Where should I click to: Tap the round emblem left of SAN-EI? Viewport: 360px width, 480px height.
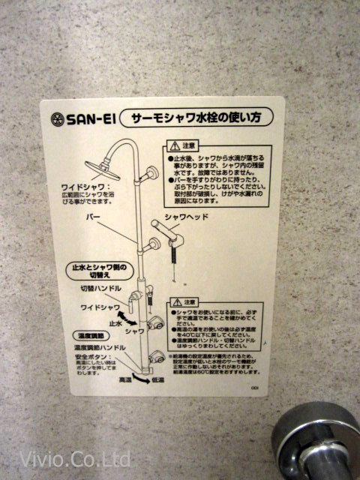pyautogui.click(x=58, y=119)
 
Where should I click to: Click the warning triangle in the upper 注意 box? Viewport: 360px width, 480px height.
pyautogui.click(x=173, y=145)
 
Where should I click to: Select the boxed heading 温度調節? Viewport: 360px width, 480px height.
pyautogui.click(x=88, y=336)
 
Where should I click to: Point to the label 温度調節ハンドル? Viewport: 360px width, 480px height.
pyautogui.click(x=97, y=349)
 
